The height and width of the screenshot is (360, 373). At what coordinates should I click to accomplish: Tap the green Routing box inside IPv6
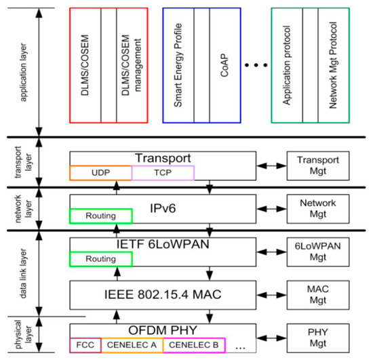(100, 217)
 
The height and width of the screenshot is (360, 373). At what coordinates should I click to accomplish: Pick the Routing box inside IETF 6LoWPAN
(100, 259)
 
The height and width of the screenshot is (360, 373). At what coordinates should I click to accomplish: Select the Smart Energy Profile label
(178, 65)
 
